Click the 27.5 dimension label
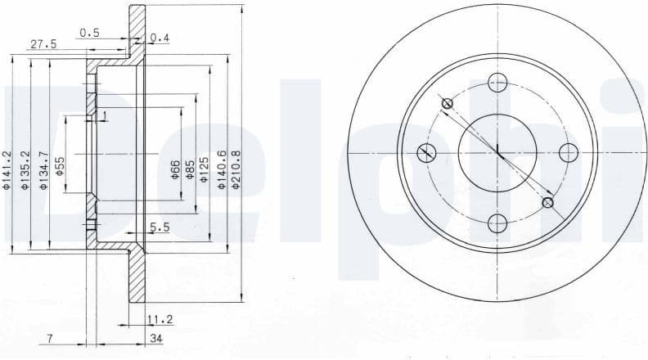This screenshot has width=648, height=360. [x=43, y=45]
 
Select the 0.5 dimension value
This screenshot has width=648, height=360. [x=89, y=33]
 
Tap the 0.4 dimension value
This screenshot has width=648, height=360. [x=160, y=38]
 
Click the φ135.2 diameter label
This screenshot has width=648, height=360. [x=25, y=171]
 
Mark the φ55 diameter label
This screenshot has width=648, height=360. [x=61, y=166]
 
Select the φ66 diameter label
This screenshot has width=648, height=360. [x=175, y=169]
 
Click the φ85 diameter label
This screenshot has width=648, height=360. [x=190, y=169]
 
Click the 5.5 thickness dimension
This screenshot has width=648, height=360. [x=159, y=228]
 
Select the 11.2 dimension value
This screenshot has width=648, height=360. [x=159, y=318]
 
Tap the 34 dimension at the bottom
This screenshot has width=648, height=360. [x=155, y=338]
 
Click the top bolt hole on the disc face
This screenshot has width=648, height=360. [x=497, y=81]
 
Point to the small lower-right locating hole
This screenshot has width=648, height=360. [x=547, y=203]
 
